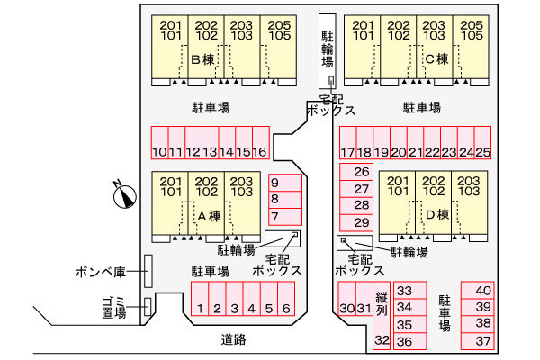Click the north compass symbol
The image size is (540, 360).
[x=123, y=193]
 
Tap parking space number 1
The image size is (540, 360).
[x=200, y=301]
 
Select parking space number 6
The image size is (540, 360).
[x=285, y=301]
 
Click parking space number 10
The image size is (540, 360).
[x=159, y=145]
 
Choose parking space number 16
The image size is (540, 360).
[x=259, y=145]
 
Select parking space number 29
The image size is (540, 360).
[x=362, y=222]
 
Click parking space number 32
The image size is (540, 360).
[x=382, y=340]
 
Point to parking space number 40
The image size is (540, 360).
[x=484, y=290]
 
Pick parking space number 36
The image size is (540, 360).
[x=404, y=341]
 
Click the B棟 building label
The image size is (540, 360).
[x=203, y=60]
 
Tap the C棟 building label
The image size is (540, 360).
[x=436, y=60]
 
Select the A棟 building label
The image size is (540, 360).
[x=209, y=215]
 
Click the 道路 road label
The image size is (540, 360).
[x=233, y=340]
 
